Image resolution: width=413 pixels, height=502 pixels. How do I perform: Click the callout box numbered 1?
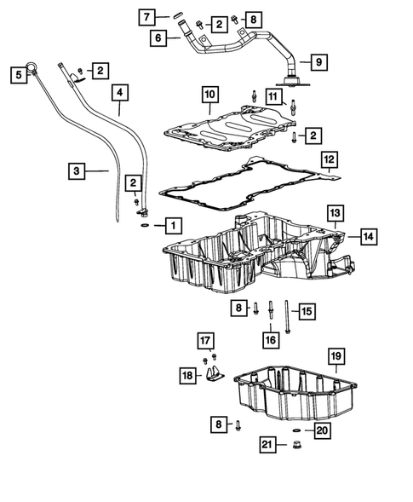(x=173, y=226)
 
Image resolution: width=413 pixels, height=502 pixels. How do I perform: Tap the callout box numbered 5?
(x=18, y=75)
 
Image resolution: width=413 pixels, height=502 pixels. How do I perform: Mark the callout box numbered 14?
(x=367, y=238)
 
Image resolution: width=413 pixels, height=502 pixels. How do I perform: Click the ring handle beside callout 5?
(x=32, y=64)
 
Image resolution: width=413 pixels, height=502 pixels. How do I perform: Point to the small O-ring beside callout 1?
(x=146, y=226)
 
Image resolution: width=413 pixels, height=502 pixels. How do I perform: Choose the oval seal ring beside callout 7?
(x=177, y=14)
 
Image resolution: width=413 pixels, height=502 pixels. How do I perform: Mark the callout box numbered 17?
(x=205, y=342)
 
